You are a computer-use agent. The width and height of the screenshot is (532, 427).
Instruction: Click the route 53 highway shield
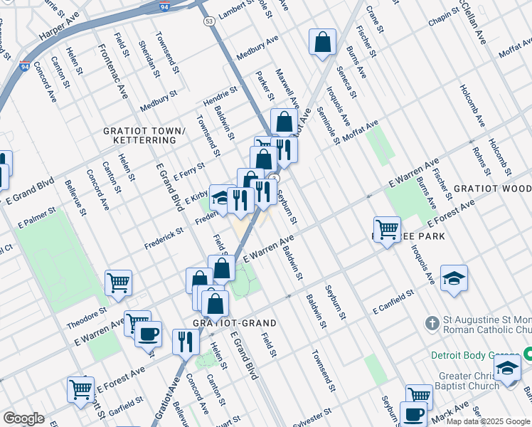click(209, 22)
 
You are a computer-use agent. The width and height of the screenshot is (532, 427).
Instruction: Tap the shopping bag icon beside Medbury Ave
click(322, 42)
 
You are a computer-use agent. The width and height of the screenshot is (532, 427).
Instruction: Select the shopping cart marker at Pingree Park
click(387, 230)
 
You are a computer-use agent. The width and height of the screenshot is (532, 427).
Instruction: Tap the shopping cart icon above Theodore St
click(118, 282)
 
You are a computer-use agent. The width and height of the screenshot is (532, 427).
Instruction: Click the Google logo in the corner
click(23, 418)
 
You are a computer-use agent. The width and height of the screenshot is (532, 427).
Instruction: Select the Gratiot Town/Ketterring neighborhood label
click(144, 136)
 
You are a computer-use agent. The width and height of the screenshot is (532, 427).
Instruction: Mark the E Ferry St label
click(190, 171)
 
